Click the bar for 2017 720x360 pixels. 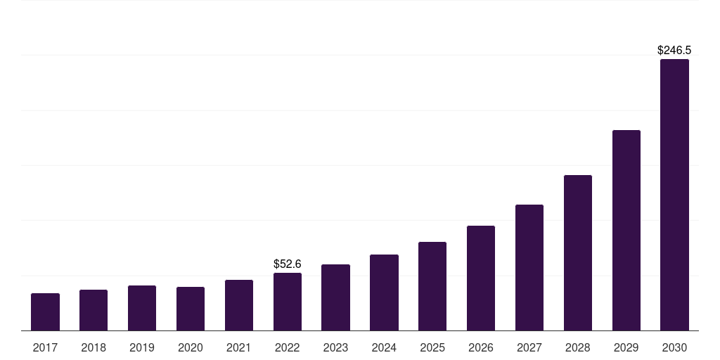pyautogui.click(x=46, y=311)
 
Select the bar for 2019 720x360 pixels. pyautogui.click(x=142, y=308)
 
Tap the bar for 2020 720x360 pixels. pyautogui.click(x=191, y=309)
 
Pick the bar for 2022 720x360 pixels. pyautogui.click(x=288, y=302)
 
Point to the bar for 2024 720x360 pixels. pyautogui.click(x=385, y=292)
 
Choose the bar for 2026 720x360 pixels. pyautogui.click(x=481, y=278)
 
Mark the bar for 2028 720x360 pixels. pyautogui.click(x=578, y=253)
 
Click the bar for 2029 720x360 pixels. pyautogui.click(x=626, y=231)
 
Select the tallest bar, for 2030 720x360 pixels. pyautogui.click(x=674, y=195)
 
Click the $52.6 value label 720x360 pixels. pyautogui.click(x=288, y=264)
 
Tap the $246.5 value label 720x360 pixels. pyautogui.click(x=674, y=50)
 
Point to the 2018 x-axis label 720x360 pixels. pyautogui.click(x=94, y=347)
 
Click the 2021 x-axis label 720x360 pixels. pyautogui.click(x=239, y=347)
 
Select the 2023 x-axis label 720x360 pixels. pyautogui.click(x=335, y=347)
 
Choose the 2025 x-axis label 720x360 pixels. pyautogui.click(x=432, y=347)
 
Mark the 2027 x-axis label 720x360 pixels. pyautogui.click(x=529, y=347)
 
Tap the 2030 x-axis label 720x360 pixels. pyautogui.click(x=674, y=347)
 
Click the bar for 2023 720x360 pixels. pyautogui.click(x=335, y=297)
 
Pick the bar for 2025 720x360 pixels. pyautogui.click(x=432, y=286)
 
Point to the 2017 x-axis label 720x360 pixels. pyautogui.click(x=46, y=347)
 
